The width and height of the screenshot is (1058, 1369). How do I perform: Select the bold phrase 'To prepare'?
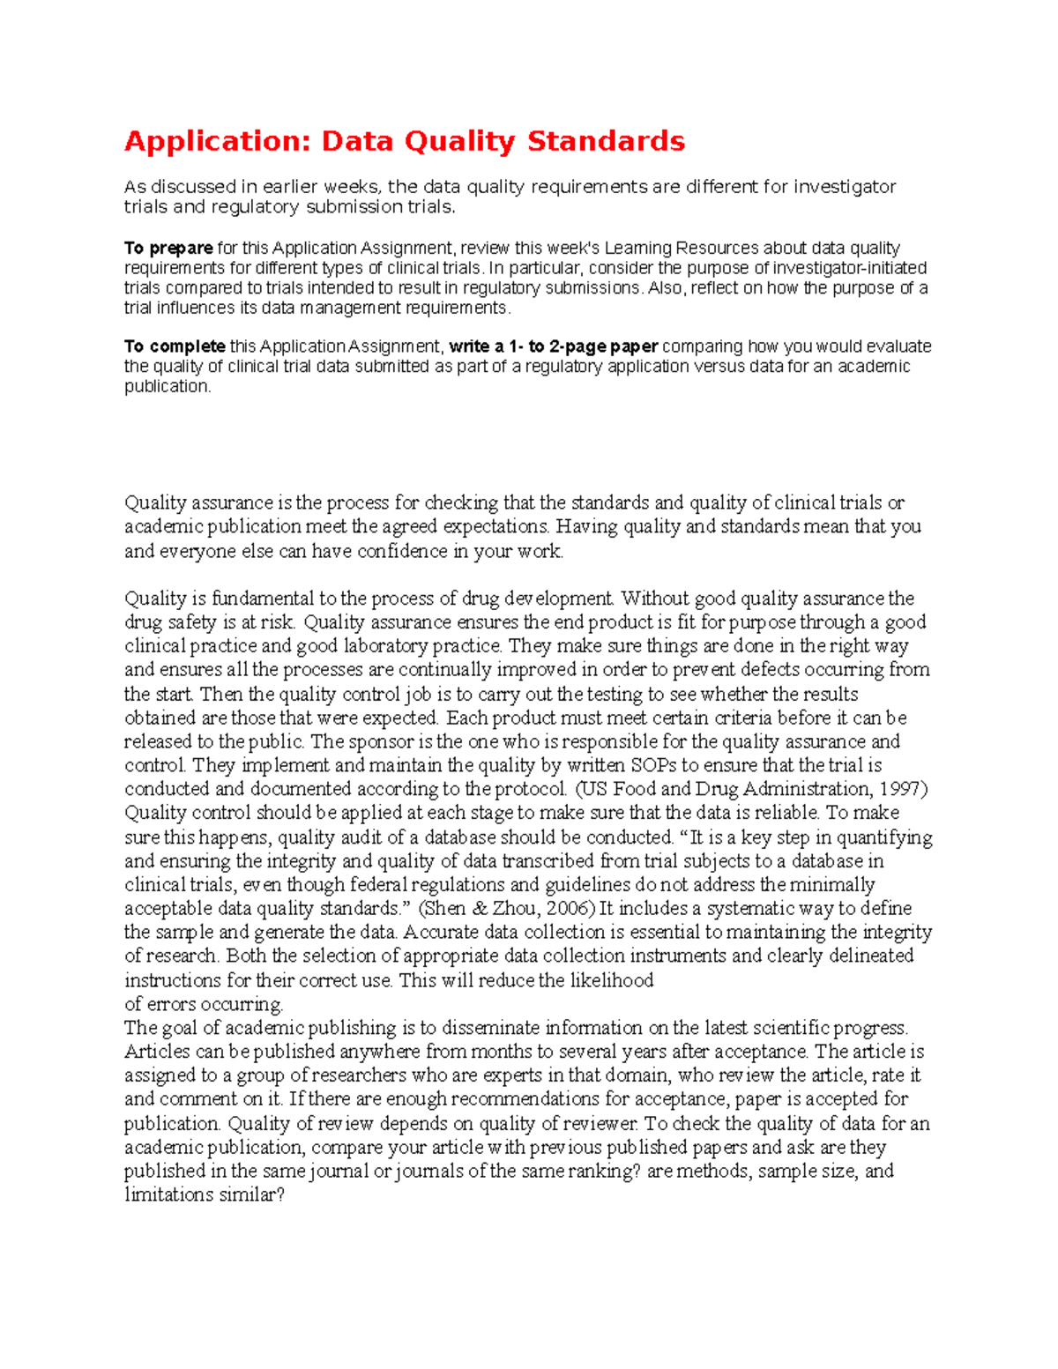pyautogui.click(x=168, y=248)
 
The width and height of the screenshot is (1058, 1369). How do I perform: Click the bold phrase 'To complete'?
pyautogui.click(x=175, y=346)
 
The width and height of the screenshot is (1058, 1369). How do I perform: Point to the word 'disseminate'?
pyautogui.click(x=490, y=1028)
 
